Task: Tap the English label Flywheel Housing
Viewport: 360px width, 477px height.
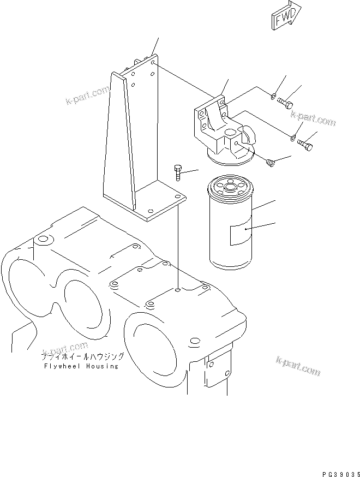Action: click(80, 366)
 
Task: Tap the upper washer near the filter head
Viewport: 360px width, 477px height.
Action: click(273, 97)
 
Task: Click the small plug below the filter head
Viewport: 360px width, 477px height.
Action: click(269, 162)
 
